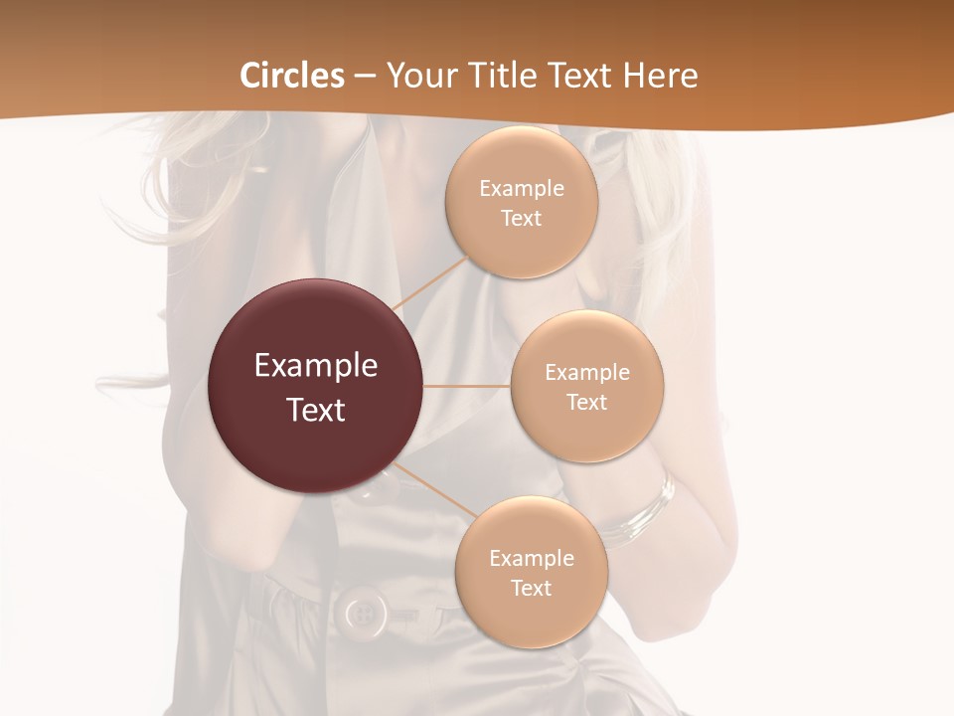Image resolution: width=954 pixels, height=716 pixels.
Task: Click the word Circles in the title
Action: coord(292,76)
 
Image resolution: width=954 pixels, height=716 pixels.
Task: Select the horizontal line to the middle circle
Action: coord(466,386)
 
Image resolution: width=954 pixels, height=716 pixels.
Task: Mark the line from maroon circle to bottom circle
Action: coord(429,487)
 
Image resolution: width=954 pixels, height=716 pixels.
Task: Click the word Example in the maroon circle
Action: coord(316,366)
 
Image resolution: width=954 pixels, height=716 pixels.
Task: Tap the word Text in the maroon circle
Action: coord(316,410)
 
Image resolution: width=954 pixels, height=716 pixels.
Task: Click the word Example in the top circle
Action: coord(522,189)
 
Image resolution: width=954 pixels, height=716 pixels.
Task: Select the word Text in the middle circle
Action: coord(587,403)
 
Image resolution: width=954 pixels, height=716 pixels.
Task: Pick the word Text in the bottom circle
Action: coord(531,589)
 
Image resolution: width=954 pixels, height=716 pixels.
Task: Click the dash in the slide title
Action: coord(365,77)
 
